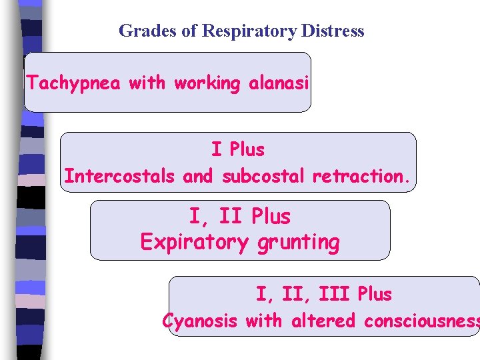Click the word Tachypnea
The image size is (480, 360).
click(x=75, y=83)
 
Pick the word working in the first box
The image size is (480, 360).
click(x=207, y=83)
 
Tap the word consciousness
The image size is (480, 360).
click(x=421, y=321)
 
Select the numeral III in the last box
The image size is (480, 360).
click(x=333, y=294)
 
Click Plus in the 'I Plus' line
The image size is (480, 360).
click(x=247, y=150)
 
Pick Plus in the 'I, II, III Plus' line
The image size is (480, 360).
click(x=375, y=294)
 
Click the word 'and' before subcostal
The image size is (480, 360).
click(x=197, y=176)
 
